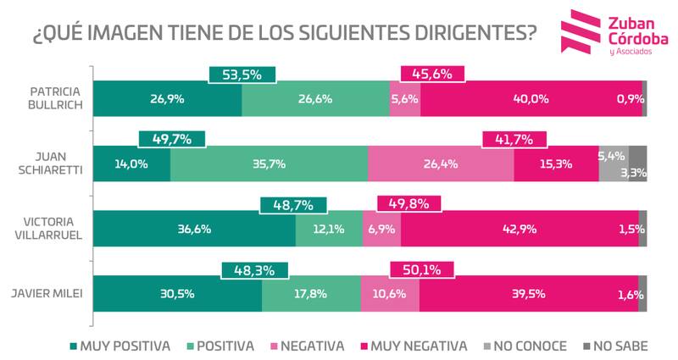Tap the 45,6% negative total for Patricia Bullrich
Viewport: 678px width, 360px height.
pyautogui.click(x=432, y=74)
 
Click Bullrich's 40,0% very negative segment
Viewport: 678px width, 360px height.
pyautogui.click(x=531, y=99)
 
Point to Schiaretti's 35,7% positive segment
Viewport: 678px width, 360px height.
pyautogui.click(x=269, y=164)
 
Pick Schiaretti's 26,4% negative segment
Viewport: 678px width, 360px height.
pyautogui.click(x=441, y=164)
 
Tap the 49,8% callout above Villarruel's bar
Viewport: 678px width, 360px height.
pyautogui.click(x=408, y=204)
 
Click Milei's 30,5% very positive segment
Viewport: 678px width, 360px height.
pyautogui.click(x=176, y=295)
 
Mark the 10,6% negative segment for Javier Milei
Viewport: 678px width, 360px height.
pyautogui.click(x=389, y=295)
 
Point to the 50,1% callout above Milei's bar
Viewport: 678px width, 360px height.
pyautogui.click(x=421, y=269)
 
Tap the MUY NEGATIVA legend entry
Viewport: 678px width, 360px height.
pyautogui.click(x=418, y=345)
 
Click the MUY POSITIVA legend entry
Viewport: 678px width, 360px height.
pyautogui.click(x=124, y=345)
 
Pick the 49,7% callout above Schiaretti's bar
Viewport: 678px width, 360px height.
pyautogui.click(x=170, y=139)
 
